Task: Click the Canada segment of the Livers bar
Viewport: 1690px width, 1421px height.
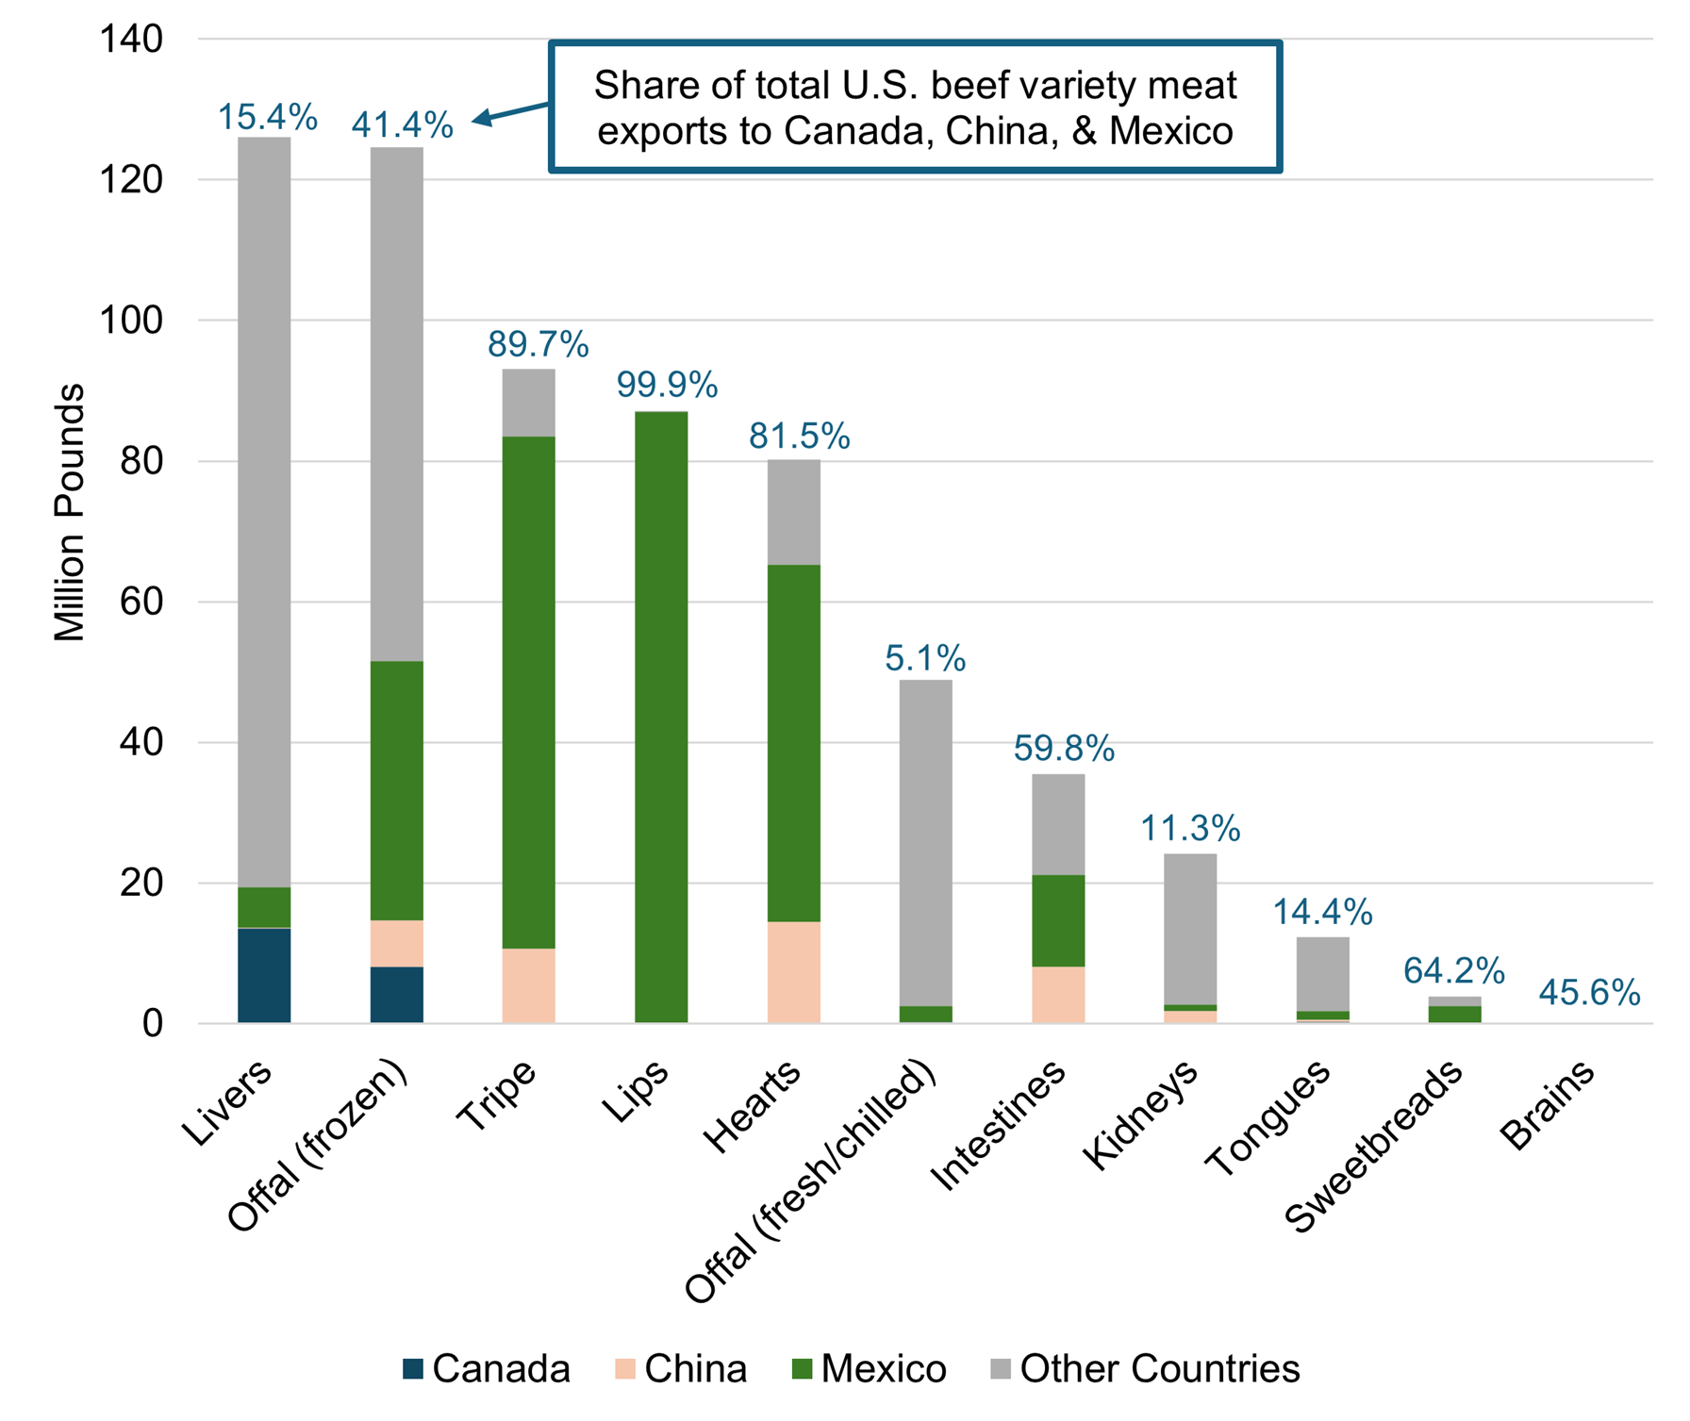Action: (264, 975)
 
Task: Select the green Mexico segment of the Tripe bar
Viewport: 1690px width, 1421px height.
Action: (528, 692)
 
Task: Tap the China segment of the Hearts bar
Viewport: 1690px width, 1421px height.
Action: (793, 971)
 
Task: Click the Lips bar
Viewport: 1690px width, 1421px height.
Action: (661, 717)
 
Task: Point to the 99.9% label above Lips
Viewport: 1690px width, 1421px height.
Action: (667, 385)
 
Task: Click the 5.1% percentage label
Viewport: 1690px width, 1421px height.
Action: (924, 657)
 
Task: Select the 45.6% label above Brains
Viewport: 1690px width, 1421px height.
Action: (1589, 992)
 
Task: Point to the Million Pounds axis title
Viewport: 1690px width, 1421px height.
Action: (70, 513)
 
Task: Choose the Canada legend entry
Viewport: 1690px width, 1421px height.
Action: (486, 1368)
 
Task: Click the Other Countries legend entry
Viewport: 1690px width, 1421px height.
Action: (1145, 1368)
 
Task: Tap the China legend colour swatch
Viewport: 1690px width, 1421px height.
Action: (625, 1368)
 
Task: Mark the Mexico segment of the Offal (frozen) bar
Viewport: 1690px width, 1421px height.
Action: (396, 790)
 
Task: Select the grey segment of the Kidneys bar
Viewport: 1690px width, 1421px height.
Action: (1190, 929)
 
